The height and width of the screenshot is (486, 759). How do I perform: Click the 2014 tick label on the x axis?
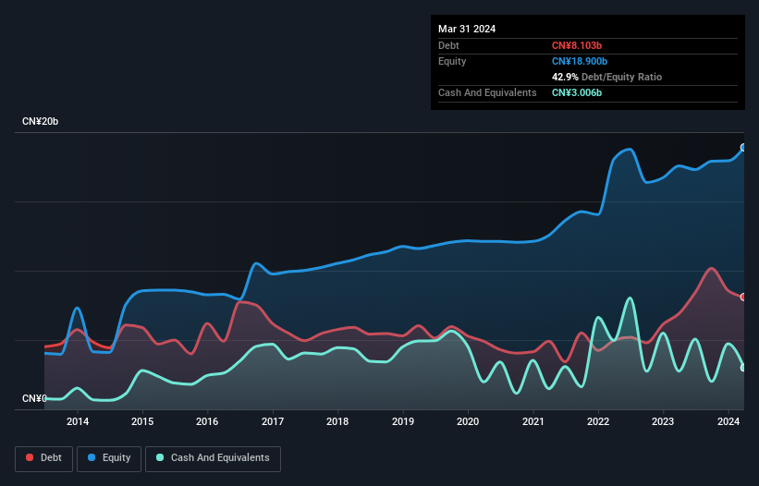pos(78,422)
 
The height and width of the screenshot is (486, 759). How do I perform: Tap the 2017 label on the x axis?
pos(273,422)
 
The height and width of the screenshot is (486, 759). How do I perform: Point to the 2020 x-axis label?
pos(468,422)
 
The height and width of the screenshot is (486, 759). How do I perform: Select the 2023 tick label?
pos(663,422)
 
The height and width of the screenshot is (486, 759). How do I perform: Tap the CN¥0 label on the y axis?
pos(35,398)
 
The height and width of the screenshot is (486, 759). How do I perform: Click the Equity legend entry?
pos(109,457)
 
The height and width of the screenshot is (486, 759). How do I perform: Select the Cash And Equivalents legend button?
pos(213,457)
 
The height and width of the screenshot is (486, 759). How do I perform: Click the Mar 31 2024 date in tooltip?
pos(467,29)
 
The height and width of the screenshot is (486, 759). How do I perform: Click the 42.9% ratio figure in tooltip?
pos(566,77)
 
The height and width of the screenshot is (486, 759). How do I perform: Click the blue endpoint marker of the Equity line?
pos(743,148)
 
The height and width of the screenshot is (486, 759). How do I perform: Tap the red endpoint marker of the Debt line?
pos(743,297)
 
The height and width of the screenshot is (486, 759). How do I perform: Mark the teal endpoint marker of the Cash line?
pos(743,368)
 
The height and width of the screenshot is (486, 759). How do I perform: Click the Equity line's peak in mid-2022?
pos(630,150)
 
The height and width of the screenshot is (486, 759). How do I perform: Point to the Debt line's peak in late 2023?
pos(710,269)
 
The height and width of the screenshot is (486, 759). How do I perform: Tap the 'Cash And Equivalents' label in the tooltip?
pos(487,92)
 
